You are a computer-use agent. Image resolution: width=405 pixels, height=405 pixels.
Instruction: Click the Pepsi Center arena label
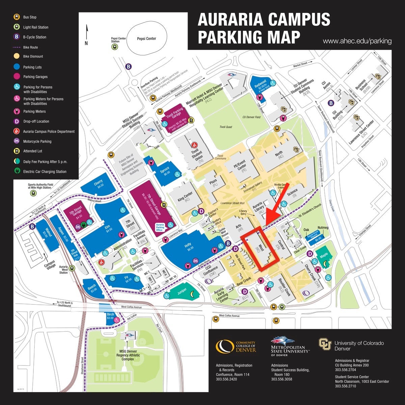[x=146, y=38]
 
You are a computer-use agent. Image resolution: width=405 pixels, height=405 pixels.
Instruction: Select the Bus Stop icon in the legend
[x=16, y=17]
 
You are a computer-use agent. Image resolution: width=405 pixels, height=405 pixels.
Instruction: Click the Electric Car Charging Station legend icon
[x=16, y=171]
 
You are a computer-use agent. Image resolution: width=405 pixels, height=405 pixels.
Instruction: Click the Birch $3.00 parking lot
[x=110, y=316]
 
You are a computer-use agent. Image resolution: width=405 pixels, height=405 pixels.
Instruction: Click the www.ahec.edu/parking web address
[x=357, y=42]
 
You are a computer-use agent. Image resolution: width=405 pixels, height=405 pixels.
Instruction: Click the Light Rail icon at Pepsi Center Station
[x=115, y=47]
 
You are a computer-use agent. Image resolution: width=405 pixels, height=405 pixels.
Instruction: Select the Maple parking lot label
[x=323, y=255]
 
